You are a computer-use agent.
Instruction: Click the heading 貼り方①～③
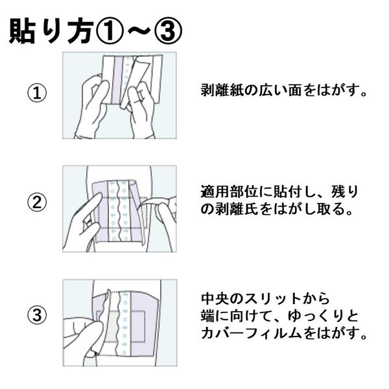[x=96, y=32]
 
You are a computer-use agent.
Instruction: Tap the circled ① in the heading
[x=109, y=32]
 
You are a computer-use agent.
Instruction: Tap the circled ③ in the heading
[x=169, y=32]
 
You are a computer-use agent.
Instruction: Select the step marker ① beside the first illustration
[x=37, y=93]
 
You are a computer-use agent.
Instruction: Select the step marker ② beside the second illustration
[x=37, y=202]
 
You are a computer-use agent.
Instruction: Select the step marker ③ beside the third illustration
[x=37, y=316]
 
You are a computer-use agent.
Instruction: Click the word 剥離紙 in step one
[x=222, y=90]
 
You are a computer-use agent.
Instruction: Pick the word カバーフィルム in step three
[x=251, y=333]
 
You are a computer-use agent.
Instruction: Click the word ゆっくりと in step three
[x=323, y=316]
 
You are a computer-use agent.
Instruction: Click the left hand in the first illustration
[x=93, y=107]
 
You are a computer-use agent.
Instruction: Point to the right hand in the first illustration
[x=141, y=109]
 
